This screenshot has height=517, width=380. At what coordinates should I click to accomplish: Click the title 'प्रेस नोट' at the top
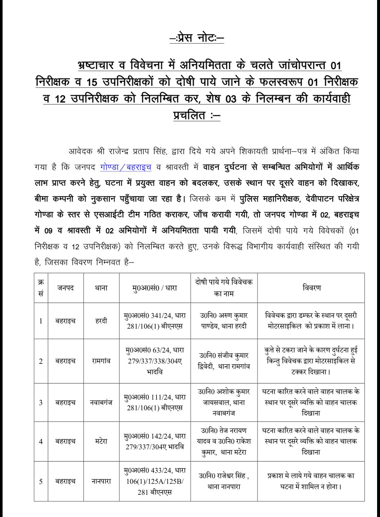tap(197, 38)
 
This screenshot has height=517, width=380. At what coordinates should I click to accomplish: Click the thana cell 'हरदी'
tap(101, 321)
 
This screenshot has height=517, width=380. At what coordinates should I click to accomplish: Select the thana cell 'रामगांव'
tap(101, 361)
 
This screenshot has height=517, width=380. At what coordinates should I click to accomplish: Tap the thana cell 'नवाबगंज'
tap(101, 402)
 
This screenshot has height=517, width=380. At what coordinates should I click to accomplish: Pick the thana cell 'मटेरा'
tap(101, 441)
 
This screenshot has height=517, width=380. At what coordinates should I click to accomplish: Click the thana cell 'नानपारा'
tap(101, 481)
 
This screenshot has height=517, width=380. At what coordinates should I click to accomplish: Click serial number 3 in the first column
tap(41, 402)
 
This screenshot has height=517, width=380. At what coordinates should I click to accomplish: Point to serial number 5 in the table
tap(41, 481)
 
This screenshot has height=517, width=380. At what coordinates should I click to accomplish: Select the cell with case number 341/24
tap(155, 321)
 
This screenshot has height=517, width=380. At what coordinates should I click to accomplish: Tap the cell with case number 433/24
tap(155, 481)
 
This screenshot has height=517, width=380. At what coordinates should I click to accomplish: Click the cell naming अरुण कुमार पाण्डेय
tap(224, 321)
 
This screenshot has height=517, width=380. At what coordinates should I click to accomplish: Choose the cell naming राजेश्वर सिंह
tap(224, 481)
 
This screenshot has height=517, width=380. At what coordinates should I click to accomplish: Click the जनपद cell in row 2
tap(66, 361)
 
